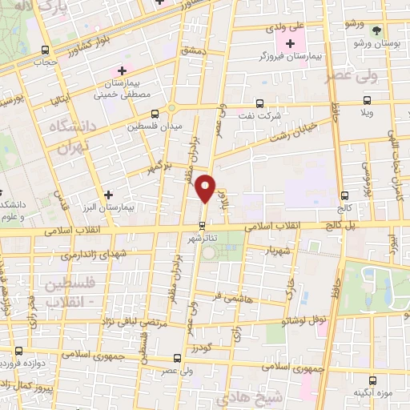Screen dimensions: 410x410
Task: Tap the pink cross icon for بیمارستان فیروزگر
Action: pyautogui.click(x=289, y=42)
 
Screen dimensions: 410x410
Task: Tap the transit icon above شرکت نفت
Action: pyautogui.click(x=259, y=102)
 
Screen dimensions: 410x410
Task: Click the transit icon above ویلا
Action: pyautogui.click(x=368, y=100)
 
